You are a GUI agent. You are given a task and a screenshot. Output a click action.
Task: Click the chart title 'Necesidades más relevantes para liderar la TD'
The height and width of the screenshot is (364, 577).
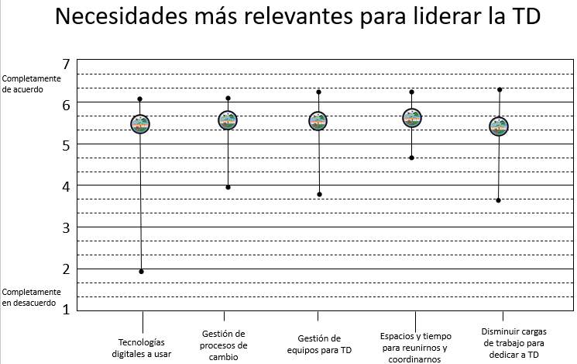[288, 21]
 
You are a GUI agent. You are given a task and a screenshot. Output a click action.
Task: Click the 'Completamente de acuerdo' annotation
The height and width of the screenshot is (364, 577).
[29, 84]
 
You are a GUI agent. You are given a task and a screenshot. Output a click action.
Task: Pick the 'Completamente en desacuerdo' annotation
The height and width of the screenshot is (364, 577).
[29, 297]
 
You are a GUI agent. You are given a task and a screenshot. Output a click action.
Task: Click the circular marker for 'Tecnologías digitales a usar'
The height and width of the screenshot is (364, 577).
[140, 123]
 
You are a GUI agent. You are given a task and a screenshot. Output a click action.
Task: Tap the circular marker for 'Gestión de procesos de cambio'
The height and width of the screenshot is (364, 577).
[228, 120]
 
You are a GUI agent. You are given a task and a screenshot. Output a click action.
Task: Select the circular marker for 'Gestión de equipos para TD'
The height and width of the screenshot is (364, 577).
[318, 120]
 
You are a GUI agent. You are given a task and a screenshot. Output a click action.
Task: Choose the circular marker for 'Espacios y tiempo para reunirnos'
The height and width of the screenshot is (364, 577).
[412, 118]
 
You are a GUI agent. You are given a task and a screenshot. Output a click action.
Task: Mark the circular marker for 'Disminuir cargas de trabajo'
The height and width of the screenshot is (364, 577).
[499, 127]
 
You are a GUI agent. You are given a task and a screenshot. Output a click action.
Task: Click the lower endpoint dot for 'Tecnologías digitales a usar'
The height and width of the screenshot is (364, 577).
[141, 271]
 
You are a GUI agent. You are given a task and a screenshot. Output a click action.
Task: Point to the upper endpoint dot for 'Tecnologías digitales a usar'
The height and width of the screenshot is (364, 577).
[140, 99]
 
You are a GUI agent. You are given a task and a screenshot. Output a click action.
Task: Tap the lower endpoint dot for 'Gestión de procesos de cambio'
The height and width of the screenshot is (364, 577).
[228, 187]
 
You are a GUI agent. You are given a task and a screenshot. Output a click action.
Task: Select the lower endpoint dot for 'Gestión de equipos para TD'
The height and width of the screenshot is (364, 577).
[318, 194]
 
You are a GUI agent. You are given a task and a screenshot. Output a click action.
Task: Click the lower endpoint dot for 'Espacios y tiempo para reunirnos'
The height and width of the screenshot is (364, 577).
[412, 158]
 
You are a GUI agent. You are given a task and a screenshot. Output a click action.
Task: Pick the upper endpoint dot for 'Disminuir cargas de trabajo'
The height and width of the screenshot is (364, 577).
[500, 89]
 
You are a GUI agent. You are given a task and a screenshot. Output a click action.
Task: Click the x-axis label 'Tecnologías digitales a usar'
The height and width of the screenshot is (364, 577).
[142, 348]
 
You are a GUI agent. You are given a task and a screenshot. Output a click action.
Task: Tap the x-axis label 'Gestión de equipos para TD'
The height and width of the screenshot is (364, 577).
[319, 344]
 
